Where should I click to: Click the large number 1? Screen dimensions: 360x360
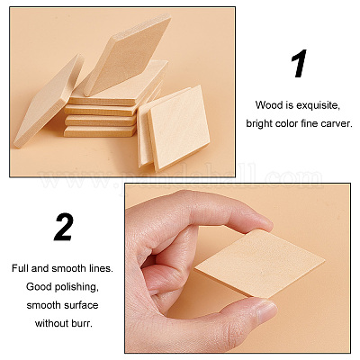[299, 63]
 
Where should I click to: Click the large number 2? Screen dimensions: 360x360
[64, 227]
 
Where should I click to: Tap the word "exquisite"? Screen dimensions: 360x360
[318, 105]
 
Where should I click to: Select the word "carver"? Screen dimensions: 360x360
[337, 123]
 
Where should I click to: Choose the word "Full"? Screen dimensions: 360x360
[20, 268]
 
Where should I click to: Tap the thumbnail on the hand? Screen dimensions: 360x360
[266, 310]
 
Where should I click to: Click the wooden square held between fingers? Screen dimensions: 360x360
[260, 263]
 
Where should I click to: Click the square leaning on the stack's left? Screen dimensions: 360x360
[48, 101]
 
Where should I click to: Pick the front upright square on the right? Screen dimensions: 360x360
[178, 128]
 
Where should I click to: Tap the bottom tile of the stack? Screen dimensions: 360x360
[100, 131]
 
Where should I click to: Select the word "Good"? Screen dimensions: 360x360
[35, 287]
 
